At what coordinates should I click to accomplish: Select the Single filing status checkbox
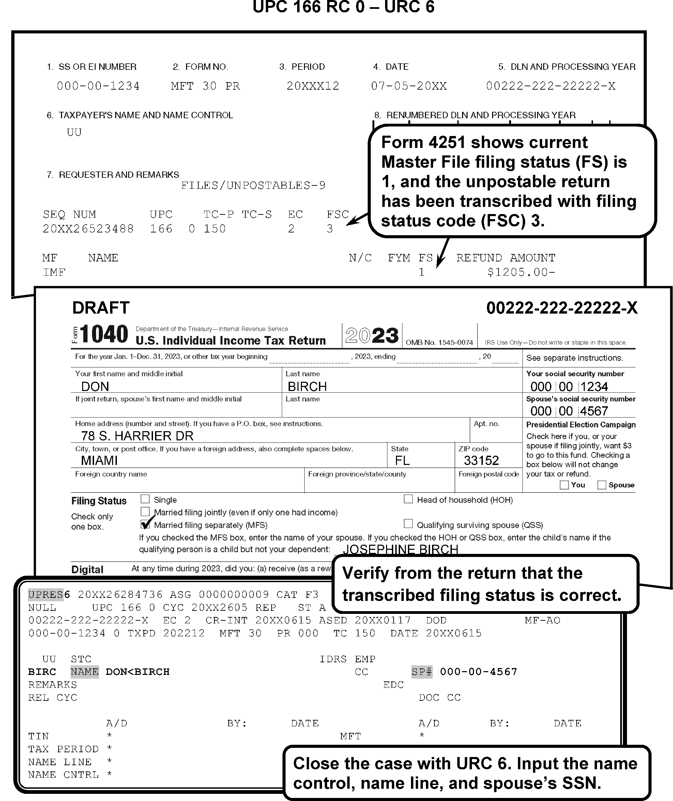pos(145,499)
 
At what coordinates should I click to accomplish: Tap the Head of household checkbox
pos(408,499)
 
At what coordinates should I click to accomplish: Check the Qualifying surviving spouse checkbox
pos(408,524)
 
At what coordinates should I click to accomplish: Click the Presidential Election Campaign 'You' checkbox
pos(564,485)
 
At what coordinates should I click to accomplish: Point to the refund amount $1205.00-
pos(521,272)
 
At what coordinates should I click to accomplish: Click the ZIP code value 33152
pos(481,460)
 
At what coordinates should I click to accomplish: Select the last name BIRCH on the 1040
pos(307,387)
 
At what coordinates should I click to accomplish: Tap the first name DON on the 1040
pos(95,387)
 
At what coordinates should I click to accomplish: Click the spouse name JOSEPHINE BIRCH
pos(400,549)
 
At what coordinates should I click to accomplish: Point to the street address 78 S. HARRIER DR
pos(137,436)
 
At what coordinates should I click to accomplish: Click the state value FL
pos(402,460)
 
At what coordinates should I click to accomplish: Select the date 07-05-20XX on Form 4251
pos(409,86)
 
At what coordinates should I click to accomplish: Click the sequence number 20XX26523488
pos(88,229)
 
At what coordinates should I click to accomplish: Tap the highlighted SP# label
pos(422,671)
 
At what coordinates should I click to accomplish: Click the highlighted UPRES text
pos(46,594)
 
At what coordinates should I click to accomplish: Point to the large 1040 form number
pos(104,334)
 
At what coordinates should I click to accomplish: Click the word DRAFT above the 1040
pos(101,307)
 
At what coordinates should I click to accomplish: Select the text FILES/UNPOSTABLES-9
pos(253,185)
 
